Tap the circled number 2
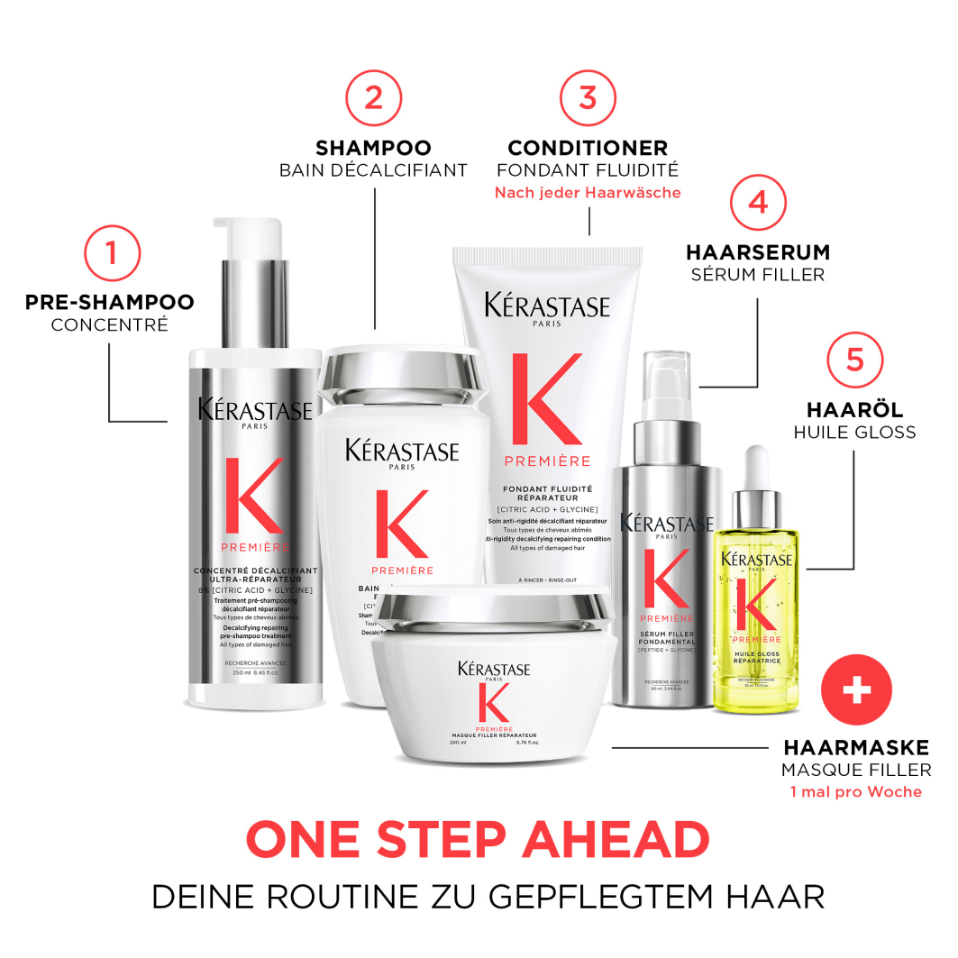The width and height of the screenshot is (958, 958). pos(373,96)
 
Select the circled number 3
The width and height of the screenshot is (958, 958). pos(588,96)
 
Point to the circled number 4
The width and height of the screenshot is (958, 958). pos(758,202)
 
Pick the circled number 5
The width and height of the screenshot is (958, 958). pos(854,360)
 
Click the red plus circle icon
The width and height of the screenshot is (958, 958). pos(856,690)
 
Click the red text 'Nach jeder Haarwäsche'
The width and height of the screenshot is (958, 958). pos(588,193)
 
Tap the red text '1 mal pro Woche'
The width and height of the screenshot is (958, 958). pos(856,791)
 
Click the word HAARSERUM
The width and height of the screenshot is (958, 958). pos(758,252)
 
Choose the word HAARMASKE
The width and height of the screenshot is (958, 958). pos(856,747)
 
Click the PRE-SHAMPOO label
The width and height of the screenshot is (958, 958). pos(110,301)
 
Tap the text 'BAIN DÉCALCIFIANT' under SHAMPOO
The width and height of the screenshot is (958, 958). pos(373,170)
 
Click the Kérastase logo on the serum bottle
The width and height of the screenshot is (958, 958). pos(667,525)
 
